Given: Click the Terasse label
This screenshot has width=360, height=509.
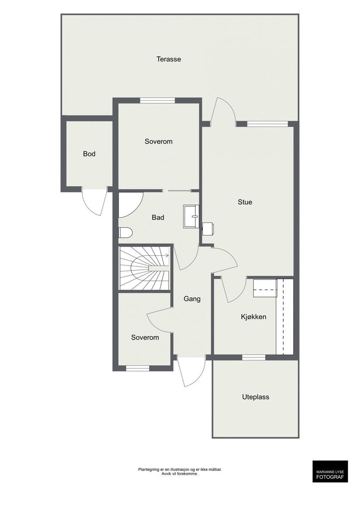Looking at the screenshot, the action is click(x=169, y=59).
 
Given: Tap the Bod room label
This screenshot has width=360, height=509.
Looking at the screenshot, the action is click(x=89, y=154).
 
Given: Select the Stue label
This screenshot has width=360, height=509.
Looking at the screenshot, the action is click(x=245, y=202).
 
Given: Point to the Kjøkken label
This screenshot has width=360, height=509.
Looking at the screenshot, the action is click(x=253, y=317).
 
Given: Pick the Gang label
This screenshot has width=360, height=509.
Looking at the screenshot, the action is click(x=192, y=299).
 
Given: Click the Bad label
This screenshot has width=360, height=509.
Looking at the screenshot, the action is click(x=158, y=218).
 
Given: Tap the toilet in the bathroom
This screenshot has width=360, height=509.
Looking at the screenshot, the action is click(x=126, y=232).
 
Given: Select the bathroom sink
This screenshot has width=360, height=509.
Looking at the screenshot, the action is click(x=191, y=216).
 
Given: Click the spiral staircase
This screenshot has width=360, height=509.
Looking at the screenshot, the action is click(x=145, y=268).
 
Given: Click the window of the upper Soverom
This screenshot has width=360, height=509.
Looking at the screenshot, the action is click(x=158, y=100).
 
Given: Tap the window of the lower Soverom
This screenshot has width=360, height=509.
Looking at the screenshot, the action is click(x=138, y=368).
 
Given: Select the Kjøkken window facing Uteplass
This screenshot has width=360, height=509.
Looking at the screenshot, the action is click(x=254, y=357).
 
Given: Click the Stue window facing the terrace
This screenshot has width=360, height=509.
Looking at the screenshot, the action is click(x=267, y=124).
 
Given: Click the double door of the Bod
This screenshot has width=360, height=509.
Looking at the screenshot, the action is click(x=94, y=201).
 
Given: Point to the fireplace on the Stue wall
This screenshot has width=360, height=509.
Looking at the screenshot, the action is click(x=208, y=229).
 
